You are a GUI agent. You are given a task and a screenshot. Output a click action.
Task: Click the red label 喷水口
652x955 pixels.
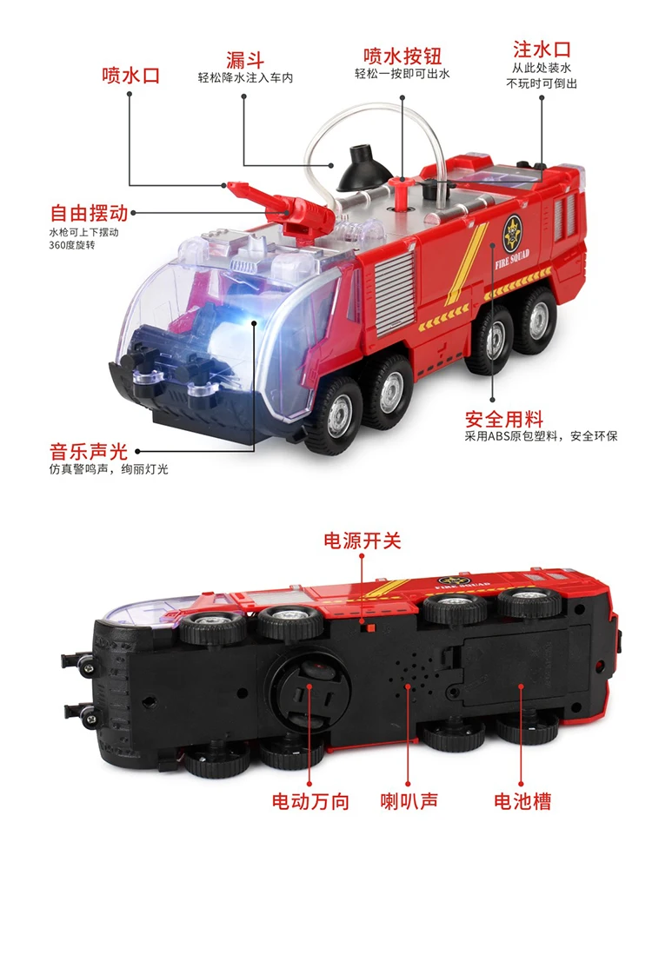[x=131, y=76]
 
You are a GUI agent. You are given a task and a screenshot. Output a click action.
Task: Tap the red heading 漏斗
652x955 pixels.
[x=245, y=60]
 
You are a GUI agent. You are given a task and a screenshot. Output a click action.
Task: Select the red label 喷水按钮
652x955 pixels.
[x=403, y=56]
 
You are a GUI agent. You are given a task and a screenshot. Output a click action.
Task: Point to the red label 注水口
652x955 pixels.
[x=542, y=50]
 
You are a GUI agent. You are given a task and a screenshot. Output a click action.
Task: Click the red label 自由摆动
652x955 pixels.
[x=89, y=213]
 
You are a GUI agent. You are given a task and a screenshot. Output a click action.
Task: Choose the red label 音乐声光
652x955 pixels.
[x=89, y=451]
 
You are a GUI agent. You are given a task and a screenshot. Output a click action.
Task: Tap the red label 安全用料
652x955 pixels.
[x=504, y=419]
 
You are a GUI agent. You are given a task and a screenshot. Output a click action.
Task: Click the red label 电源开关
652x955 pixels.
[x=362, y=541]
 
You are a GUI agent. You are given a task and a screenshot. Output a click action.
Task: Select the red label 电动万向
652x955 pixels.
[x=310, y=801]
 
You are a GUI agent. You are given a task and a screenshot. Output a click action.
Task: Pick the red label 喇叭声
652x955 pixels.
[x=409, y=801]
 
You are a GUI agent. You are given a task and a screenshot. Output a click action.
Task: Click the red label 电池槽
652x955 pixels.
[x=522, y=801]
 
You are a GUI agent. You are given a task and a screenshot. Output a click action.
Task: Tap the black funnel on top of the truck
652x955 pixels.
[x=364, y=168]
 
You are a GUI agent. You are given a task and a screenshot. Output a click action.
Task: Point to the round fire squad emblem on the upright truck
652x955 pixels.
[x=512, y=235]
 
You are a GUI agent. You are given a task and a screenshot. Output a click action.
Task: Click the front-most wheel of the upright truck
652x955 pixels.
[x=334, y=415]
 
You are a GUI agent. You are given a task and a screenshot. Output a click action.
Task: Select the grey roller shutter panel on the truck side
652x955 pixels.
[x=396, y=293]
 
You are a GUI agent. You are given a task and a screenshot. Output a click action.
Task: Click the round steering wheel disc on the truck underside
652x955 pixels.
[x=310, y=690]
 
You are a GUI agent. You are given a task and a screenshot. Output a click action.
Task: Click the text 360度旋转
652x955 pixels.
[x=72, y=245]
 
